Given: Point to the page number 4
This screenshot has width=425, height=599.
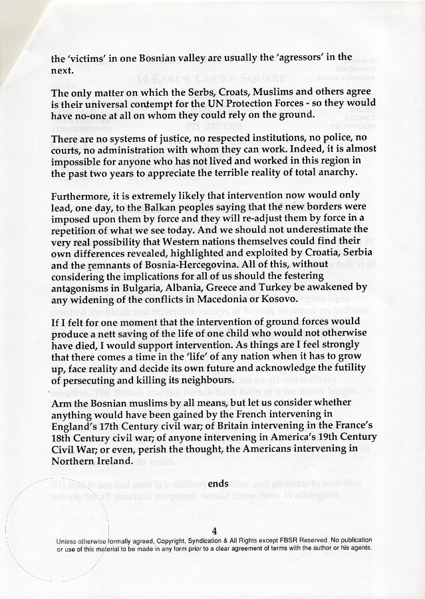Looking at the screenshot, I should [x=213, y=530].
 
